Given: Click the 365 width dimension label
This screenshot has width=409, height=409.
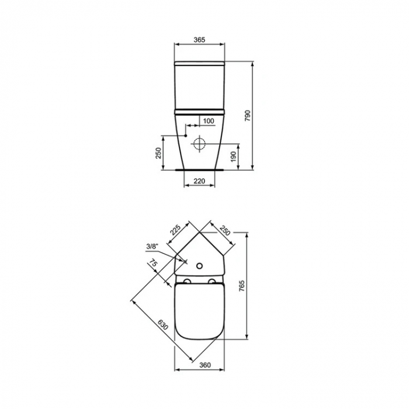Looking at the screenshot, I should coord(199,39).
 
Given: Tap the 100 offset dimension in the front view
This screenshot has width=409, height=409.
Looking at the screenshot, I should coord(208,121).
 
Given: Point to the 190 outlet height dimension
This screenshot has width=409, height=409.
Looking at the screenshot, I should coord(233,156).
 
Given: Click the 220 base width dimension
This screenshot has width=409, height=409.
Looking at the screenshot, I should coord(199,181).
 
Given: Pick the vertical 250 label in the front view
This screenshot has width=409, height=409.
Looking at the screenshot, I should coord(157,152).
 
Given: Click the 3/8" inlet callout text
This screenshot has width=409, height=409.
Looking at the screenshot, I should coord(152,247).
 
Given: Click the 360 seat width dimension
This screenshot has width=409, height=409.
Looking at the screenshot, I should coord(199,365).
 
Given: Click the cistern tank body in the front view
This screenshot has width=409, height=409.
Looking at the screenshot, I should coord(200,85).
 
